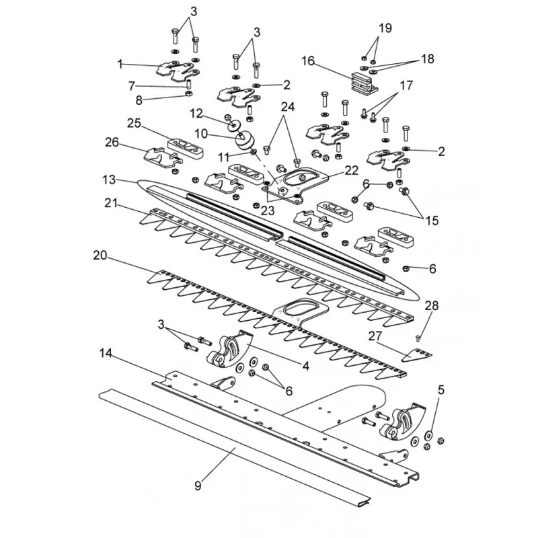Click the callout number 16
308,61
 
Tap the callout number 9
198,486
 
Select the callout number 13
109,180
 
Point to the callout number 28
432,305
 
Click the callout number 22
351,170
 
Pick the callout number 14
106,352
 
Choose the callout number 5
441,390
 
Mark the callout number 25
134,123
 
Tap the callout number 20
100,256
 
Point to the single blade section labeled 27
417,354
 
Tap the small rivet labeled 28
418,339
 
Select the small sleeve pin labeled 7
188,83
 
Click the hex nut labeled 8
188,93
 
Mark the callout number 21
111,204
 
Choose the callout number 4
305,366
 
